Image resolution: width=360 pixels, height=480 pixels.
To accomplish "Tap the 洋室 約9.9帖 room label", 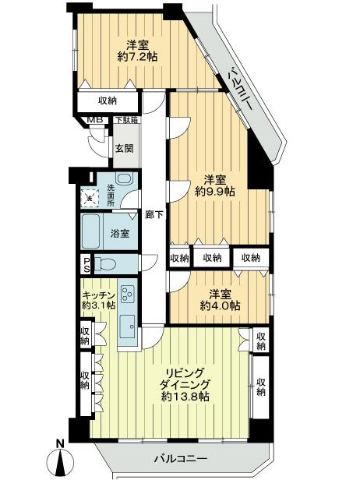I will point(210,184).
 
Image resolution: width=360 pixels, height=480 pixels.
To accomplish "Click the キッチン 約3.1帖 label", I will point(98,299).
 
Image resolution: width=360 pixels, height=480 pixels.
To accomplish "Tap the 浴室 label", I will point(119,233).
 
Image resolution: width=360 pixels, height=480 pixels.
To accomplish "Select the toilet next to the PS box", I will point(108,263).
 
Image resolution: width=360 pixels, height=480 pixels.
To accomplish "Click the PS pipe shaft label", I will point(86,263).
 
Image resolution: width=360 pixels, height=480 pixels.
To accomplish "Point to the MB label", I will point(94,119).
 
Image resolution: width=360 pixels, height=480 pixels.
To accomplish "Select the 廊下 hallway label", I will point(154,215).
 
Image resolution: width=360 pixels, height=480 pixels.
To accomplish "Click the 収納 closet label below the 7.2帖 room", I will point(108,101).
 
